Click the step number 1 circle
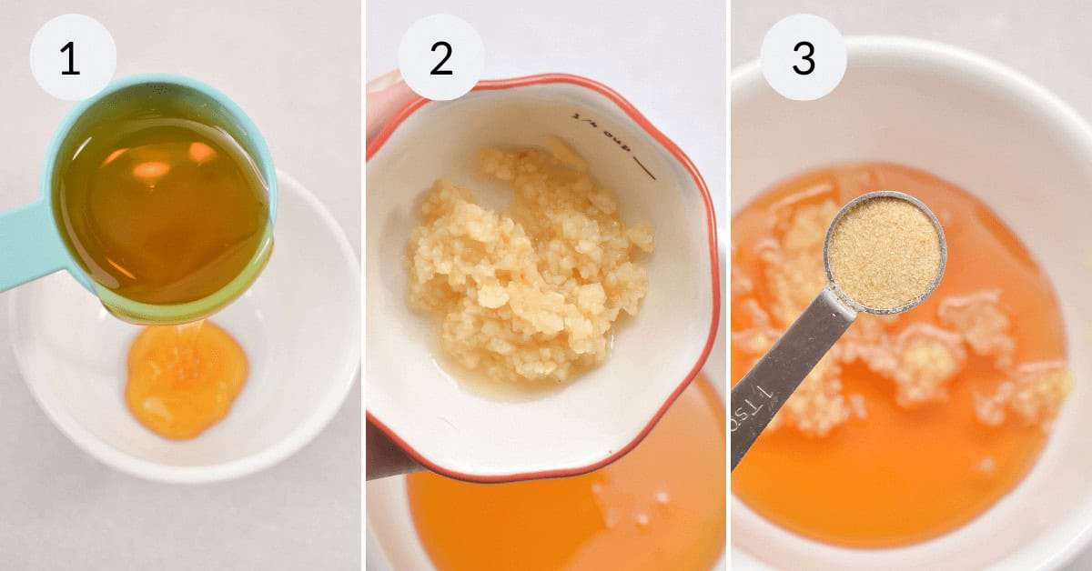tap(73, 56)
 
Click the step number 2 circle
tap(440, 56)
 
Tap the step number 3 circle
tap(804, 56)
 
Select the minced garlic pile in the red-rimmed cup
tap(528, 264)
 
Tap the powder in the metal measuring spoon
tap(885, 252)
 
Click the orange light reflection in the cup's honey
tap(151, 170)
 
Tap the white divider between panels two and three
tap(728, 285)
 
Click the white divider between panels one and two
tap(364, 285)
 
